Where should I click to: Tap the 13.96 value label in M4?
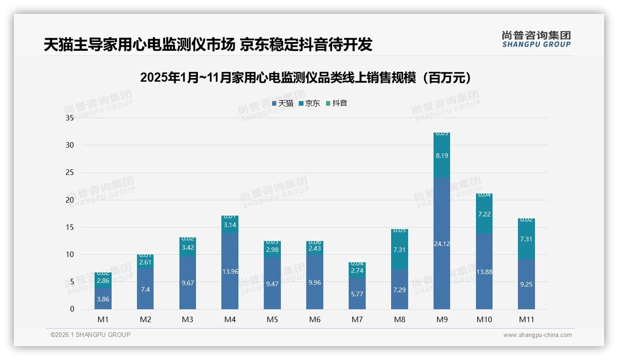[230, 271]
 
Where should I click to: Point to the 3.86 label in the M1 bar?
[103, 299]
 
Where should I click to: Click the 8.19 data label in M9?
[441, 156]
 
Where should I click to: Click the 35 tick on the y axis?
[70, 118]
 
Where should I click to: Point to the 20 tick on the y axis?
[70, 200]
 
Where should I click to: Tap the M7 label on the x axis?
[357, 319]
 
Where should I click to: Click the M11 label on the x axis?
[526, 319]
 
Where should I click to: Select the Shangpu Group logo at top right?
[536, 39]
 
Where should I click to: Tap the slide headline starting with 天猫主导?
[208, 44]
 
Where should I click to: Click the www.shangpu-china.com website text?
[537, 335]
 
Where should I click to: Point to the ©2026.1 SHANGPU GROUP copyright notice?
[90, 335]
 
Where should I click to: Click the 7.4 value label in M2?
[145, 289]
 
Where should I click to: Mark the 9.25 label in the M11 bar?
[526, 284]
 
